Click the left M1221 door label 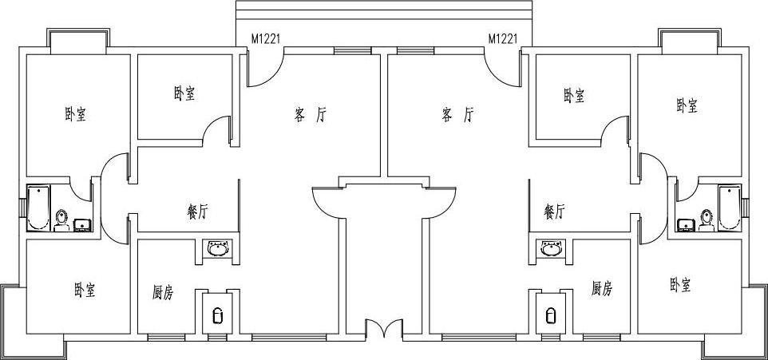tap(265, 38)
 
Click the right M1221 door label tap(503, 38)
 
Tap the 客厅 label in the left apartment tap(311, 115)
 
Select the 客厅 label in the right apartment tap(457, 115)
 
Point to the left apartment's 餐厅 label tap(197, 212)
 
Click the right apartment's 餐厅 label tap(555, 212)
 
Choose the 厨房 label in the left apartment tap(163, 292)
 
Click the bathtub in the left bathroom tap(38, 208)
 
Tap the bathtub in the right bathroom tap(730, 208)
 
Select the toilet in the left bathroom tap(62, 219)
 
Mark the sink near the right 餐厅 tap(551, 250)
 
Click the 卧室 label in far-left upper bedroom tap(76, 115)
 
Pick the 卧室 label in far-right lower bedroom tap(680, 285)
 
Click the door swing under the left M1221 tap(259, 72)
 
